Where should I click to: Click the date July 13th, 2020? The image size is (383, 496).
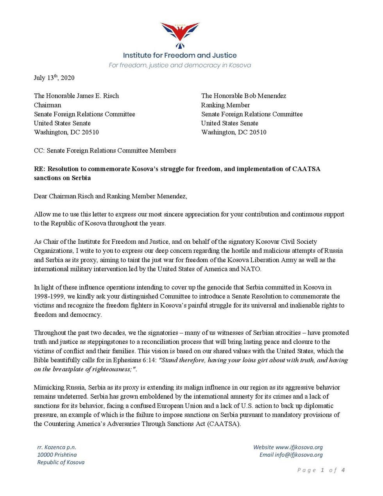tap(54, 77)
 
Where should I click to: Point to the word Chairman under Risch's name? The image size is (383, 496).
tap(48, 105)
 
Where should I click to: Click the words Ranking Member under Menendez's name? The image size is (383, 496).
tap(226, 105)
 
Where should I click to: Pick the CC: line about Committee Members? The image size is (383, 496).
tap(105, 151)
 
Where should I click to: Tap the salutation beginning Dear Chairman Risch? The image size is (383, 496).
tap(110, 196)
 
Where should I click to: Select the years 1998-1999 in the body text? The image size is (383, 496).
tap(48, 297)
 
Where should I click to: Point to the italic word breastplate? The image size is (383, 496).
tap(70, 369)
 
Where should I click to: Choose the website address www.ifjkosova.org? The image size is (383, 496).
tap(299, 447)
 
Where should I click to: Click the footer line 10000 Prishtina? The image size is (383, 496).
tap(57, 455)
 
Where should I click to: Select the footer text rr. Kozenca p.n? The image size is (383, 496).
tap(57, 447)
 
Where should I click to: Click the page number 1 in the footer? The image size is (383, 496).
tap(322, 470)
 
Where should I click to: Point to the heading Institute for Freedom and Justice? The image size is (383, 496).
tap(180, 56)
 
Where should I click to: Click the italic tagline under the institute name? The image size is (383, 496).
tap(180, 65)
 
